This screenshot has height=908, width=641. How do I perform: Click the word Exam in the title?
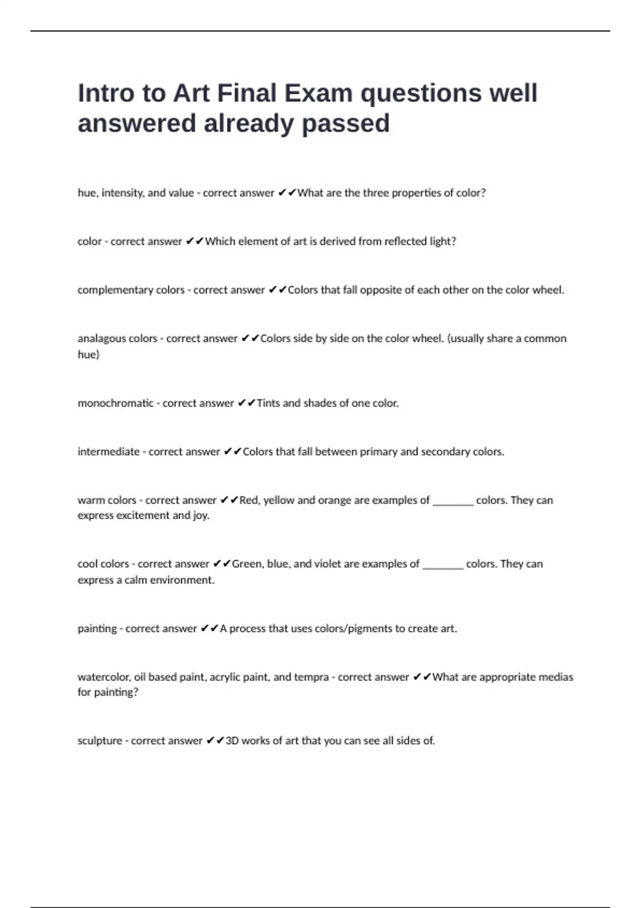pos(318,93)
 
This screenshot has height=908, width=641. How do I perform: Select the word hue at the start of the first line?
pos(87,193)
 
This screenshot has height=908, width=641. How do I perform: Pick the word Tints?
pos(268,403)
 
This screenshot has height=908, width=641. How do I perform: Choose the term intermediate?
pos(108,452)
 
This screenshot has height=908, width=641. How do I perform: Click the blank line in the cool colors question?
pos(443,566)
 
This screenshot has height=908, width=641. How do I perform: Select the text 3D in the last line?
pos(232,741)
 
